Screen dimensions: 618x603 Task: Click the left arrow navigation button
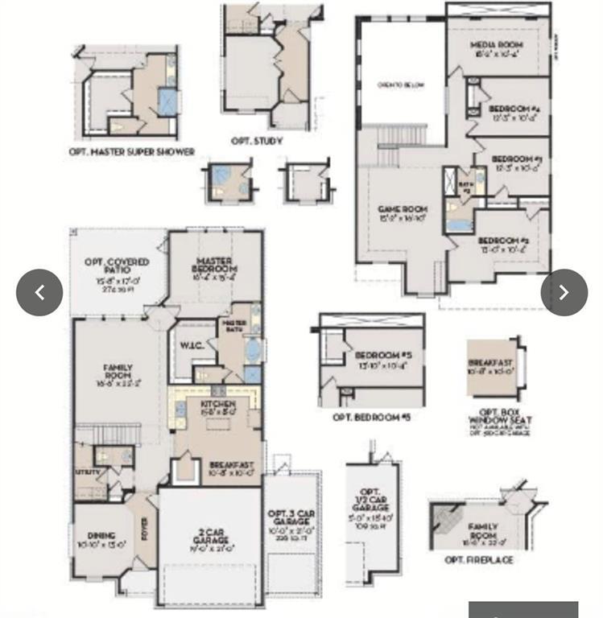(39, 292)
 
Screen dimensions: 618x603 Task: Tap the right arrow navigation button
(564, 292)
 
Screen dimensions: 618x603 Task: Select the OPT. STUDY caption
(257, 141)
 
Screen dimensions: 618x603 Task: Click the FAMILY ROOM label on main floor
(118, 373)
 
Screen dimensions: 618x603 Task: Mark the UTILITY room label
(87, 472)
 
